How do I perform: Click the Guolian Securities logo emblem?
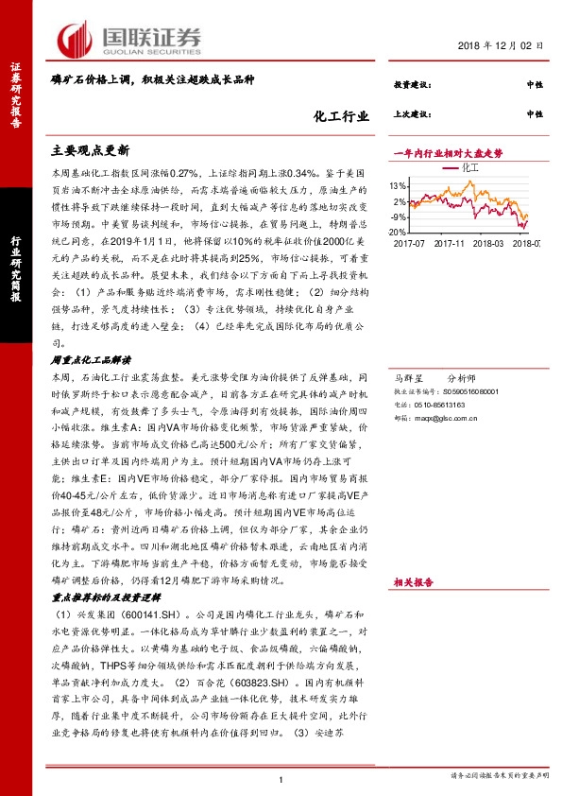point(74,38)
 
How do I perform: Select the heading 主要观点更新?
point(91,150)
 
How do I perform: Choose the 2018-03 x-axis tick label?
point(494,243)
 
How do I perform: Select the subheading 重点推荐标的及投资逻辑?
point(104,598)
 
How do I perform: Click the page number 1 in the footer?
point(281,779)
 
